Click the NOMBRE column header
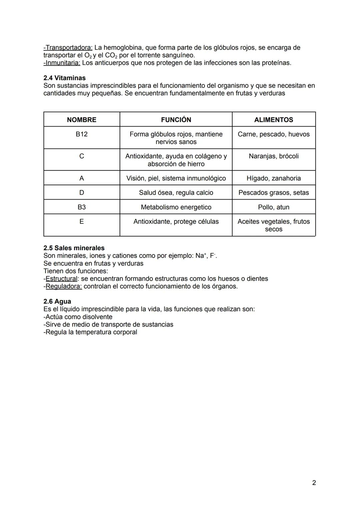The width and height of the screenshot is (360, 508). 81,120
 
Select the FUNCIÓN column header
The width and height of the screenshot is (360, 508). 176,120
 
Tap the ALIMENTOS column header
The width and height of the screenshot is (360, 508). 273,120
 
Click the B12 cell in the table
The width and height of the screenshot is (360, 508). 81,134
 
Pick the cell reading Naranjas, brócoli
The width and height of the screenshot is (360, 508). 273,156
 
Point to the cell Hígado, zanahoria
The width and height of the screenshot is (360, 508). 273,178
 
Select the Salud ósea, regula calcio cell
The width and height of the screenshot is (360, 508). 176,193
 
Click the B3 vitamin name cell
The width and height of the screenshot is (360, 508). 81,207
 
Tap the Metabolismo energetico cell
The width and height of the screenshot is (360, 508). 176,207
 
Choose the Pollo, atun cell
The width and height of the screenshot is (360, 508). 273,207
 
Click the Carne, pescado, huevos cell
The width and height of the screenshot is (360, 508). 273,134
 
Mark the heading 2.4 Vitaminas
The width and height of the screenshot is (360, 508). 64,78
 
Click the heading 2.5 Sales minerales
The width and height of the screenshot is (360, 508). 74,248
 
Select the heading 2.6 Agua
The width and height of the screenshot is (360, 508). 57,301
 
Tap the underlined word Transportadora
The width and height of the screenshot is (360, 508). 69,48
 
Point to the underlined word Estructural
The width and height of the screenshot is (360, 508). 61,279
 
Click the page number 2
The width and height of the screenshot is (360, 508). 314,483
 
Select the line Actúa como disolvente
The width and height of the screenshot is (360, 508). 78,317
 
